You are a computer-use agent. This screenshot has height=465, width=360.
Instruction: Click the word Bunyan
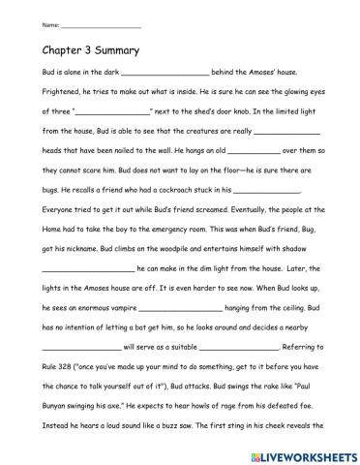click(59, 397)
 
